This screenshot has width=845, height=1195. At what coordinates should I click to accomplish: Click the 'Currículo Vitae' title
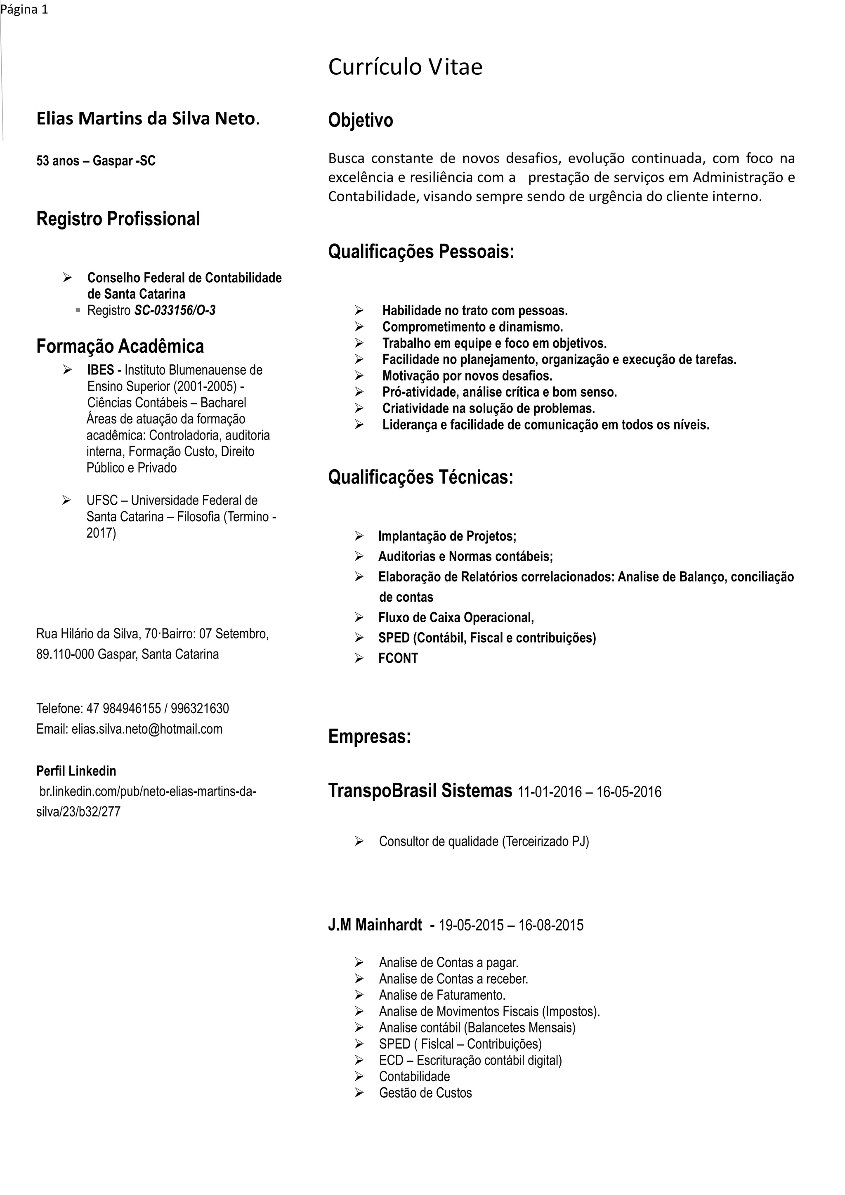tap(405, 66)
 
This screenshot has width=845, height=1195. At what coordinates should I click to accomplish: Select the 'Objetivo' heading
tap(360, 120)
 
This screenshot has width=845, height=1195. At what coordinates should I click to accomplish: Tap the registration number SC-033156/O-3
tap(175, 311)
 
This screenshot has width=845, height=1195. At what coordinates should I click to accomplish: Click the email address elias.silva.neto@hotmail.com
tap(147, 729)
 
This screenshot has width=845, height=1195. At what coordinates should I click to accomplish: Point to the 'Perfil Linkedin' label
tap(76, 771)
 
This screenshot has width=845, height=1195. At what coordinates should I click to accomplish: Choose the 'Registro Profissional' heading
tap(118, 219)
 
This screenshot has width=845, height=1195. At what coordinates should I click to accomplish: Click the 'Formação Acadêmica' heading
tap(120, 346)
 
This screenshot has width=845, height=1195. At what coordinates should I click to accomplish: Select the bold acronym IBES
tap(100, 370)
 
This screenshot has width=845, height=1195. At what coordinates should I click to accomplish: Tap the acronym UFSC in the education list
tap(102, 500)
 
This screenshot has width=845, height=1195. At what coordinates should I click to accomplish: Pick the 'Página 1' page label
tap(24, 9)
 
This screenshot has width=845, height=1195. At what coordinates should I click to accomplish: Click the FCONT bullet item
tap(398, 659)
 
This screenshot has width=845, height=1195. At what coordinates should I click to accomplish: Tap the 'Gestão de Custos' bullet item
tap(425, 1093)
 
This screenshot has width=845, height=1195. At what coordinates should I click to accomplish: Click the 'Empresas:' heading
tap(369, 737)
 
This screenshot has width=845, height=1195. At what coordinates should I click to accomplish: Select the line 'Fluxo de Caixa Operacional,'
tap(456, 618)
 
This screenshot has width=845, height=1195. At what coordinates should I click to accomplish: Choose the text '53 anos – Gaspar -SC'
tap(96, 161)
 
